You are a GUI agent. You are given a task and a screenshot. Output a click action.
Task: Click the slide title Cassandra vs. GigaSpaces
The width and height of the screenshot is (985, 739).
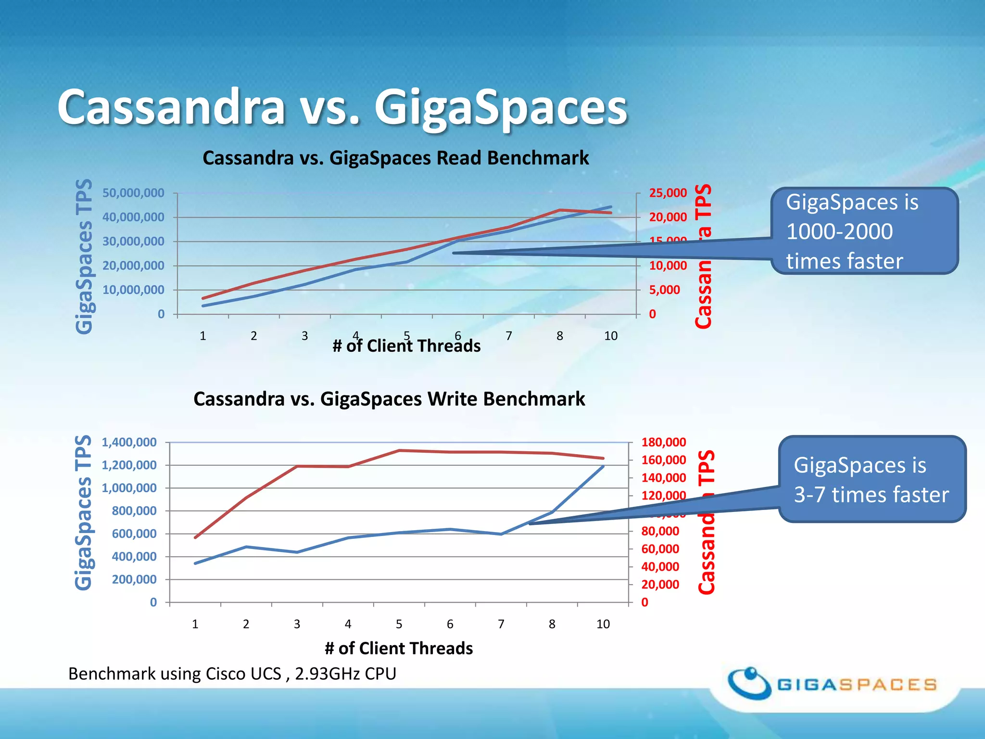click(342, 107)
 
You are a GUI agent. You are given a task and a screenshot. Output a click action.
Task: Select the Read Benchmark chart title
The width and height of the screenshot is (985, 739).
click(395, 158)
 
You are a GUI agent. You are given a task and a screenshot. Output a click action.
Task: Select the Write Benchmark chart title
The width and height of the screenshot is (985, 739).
click(389, 399)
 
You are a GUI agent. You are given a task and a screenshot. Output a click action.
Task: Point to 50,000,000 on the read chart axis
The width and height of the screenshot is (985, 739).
click(133, 193)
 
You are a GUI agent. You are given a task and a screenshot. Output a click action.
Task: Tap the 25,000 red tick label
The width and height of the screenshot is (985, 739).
click(668, 193)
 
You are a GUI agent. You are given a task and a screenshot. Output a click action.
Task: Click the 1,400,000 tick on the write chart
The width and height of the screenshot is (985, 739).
click(129, 442)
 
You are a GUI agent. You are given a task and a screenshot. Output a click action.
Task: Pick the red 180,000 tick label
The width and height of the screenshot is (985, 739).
click(663, 442)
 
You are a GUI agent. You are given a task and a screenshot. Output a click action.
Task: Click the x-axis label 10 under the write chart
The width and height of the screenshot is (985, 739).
click(603, 624)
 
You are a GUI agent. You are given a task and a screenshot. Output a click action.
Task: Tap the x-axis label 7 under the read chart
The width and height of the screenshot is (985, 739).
click(508, 336)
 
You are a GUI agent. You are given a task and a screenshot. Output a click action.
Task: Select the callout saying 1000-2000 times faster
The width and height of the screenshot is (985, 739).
click(864, 231)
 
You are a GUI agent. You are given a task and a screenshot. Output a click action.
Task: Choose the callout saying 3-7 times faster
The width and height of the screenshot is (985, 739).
click(871, 480)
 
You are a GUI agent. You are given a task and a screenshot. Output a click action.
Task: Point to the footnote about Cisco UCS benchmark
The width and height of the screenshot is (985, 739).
click(232, 674)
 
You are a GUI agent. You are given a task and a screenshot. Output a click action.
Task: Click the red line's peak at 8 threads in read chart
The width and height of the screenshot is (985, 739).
click(560, 210)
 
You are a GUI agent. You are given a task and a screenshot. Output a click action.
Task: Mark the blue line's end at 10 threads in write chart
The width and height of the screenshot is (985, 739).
click(603, 466)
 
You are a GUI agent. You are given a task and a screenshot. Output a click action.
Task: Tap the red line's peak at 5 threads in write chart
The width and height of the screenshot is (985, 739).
click(399, 450)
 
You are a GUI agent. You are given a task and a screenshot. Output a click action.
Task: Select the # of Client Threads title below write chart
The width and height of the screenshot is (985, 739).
click(399, 648)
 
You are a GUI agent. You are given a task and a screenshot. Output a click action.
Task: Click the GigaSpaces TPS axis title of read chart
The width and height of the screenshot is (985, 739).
click(84, 256)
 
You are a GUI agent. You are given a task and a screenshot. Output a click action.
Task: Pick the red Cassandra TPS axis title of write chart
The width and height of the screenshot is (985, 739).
click(707, 522)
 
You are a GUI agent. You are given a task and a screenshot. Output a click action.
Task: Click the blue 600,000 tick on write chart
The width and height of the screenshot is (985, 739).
click(134, 534)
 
